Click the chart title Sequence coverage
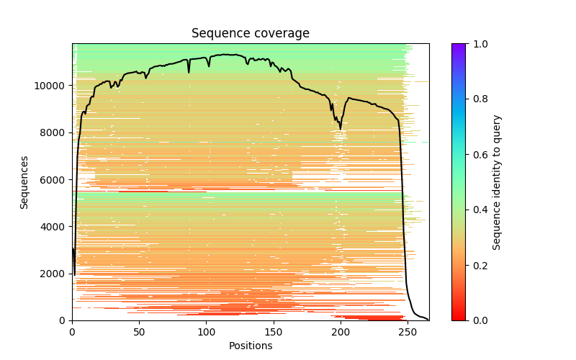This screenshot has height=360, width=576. (x=250, y=34)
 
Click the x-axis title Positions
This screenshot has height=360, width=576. (x=250, y=346)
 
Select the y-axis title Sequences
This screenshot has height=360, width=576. (x=24, y=182)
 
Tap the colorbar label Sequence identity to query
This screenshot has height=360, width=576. (x=497, y=182)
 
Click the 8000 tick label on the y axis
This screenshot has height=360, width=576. (x=56, y=132)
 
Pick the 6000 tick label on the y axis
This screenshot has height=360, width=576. (x=56, y=179)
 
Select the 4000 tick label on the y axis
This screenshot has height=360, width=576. (x=56, y=227)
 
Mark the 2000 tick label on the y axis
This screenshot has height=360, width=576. (x=56, y=274)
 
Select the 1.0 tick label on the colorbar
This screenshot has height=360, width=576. (x=478, y=44)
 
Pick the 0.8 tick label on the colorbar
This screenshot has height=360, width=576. (x=478, y=99)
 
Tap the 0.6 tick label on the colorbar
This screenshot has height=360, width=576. (x=478, y=155)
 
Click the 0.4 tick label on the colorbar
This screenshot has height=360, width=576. (x=478, y=210)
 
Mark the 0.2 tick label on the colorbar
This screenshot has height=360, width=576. (x=478, y=265)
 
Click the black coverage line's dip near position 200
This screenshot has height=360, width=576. (x=341, y=129)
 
